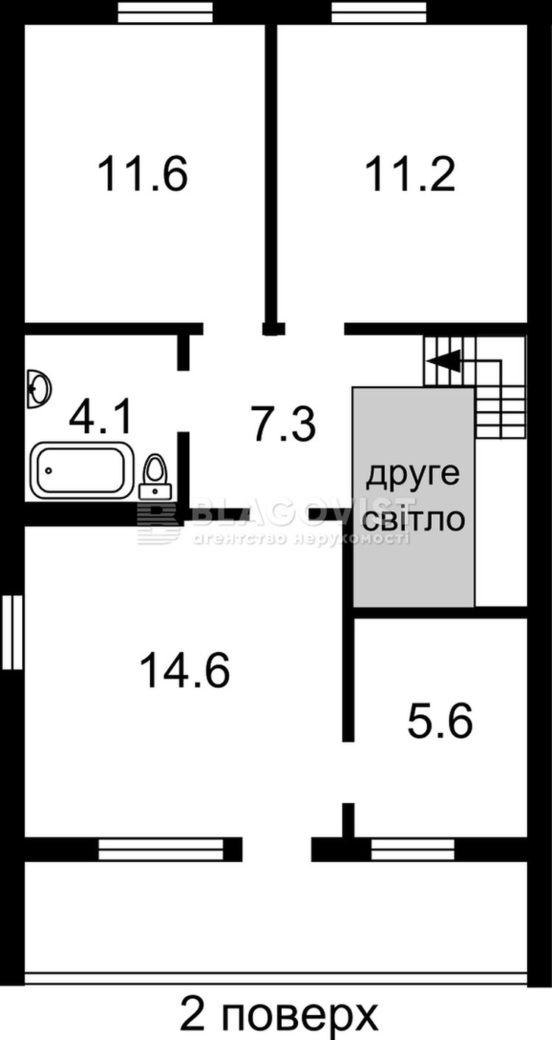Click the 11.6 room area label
point(143,174)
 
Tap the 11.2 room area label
point(410,174)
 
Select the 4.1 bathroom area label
point(101,418)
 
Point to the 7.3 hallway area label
point(284,424)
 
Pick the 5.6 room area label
point(440,720)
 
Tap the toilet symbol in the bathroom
point(155,477)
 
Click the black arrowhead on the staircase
point(444,361)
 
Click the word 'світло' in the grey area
point(414,519)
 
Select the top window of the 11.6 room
point(166,12)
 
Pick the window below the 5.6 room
point(413,850)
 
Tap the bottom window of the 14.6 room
point(161,850)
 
